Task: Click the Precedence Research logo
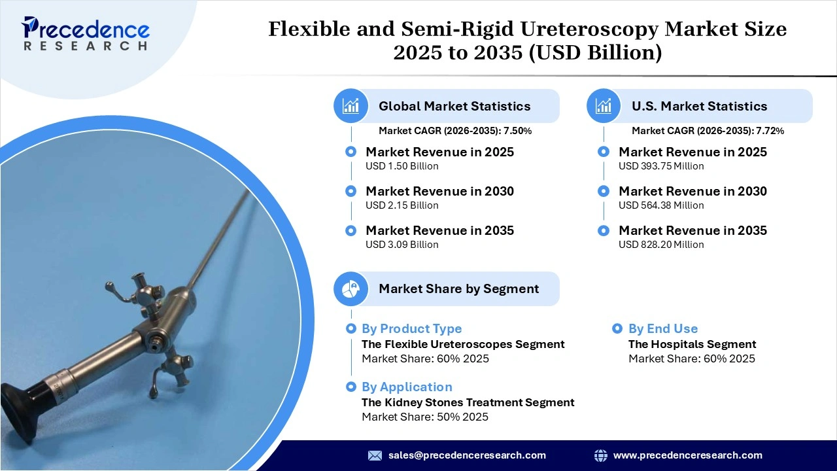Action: pyautogui.click(x=85, y=33)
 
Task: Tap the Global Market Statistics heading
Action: pyautogui.click(x=454, y=106)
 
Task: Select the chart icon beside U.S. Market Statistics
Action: pyautogui.click(x=604, y=106)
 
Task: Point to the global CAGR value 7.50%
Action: pyautogui.click(x=517, y=131)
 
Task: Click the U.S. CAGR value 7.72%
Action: pyautogui.click(x=770, y=131)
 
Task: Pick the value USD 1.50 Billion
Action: pyautogui.click(x=401, y=166)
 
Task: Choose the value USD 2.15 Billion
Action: pyautogui.click(x=401, y=205)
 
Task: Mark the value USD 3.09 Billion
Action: pyautogui.click(x=401, y=245)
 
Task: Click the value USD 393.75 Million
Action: pyautogui.click(x=661, y=166)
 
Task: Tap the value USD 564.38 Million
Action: pyautogui.click(x=661, y=205)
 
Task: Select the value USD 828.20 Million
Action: pyautogui.click(x=661, y=245)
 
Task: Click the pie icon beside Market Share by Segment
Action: pyautogui.click(x=351, y=288)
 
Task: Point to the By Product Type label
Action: pyautogui.click(x=411, y=329)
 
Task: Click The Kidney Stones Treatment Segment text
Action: pyautogui.click(x=468, y=402)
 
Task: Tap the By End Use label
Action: pyautogui.click(x=662, y=329)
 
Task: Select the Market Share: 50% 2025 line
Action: pyautogui.click(x=424, y=417)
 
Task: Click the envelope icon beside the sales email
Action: pyautogui.click(x=375, y=455)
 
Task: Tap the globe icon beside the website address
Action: pyautogui.click(x=600, y=455)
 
